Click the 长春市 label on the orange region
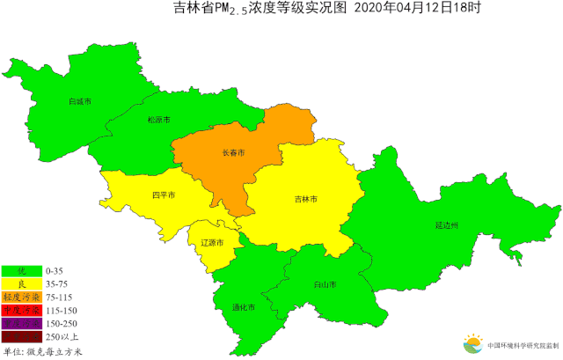[233, 152]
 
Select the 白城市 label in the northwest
[80, 101]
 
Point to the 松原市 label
[158, 119]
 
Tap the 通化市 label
[244, 307]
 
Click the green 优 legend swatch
[23, 270]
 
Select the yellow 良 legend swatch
[23, 283]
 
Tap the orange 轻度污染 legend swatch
[23, 297]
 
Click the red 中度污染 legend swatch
[23, 310]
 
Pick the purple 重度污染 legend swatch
[23, 323]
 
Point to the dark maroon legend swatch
[23, 336]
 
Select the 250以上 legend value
[62, 337]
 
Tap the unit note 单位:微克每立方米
[43, 351]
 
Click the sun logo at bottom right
[472, 343]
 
